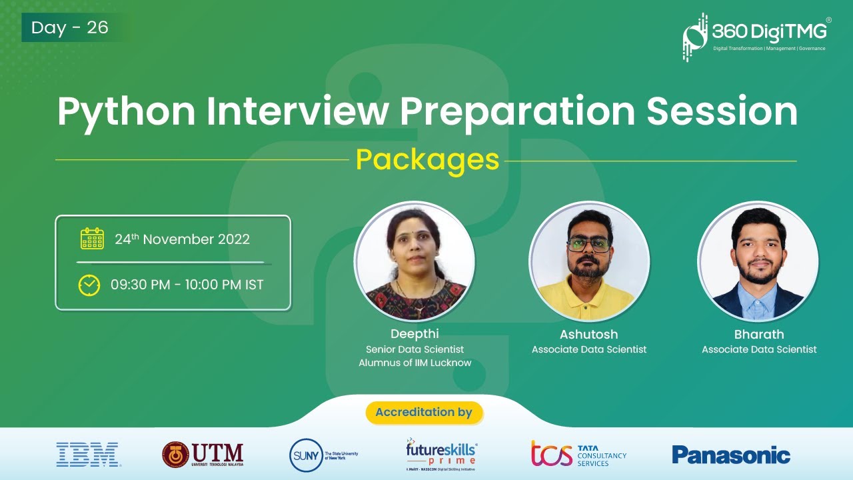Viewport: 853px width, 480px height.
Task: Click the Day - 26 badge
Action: coord(70,28)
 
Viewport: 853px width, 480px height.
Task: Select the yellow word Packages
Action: coord(427,160)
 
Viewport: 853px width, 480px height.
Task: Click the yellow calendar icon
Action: coord(92,239)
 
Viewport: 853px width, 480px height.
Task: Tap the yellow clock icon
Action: coord(89,285)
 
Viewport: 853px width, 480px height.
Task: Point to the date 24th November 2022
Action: coord(182,239)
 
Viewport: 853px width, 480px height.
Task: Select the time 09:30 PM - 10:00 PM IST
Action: coord(187,285)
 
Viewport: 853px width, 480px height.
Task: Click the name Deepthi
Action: coord(415,334)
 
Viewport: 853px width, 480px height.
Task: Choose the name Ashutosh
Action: coord(588,334)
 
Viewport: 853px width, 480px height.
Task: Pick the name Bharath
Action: coord(759,334)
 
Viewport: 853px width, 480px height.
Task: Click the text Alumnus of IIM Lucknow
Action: coord(415,363)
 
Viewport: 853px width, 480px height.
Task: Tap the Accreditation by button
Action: coord(424,412)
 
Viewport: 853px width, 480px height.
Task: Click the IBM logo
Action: coord(88,455)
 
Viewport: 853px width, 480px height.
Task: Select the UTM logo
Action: coord(203,455)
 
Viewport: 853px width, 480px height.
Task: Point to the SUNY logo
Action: coord(324,455)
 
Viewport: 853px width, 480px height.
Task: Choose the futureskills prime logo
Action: coord(441,455)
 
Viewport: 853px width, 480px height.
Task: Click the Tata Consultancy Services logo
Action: coord(578,454)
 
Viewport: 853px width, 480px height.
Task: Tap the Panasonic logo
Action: coord(731,455)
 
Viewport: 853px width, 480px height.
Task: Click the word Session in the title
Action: coord(722,111)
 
